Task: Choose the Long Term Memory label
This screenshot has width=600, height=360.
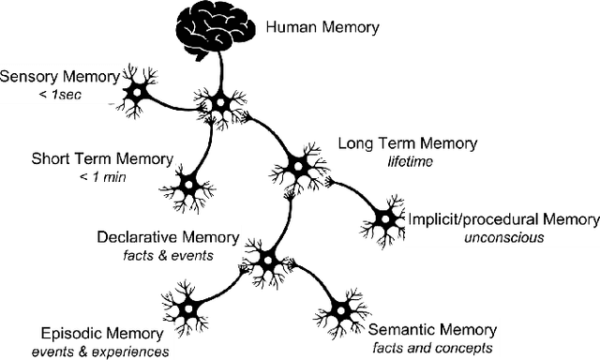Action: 407,143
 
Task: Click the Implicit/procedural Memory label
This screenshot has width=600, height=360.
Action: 502,219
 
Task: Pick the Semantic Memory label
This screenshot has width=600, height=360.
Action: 432,329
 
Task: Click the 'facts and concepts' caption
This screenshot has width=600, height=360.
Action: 432,347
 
